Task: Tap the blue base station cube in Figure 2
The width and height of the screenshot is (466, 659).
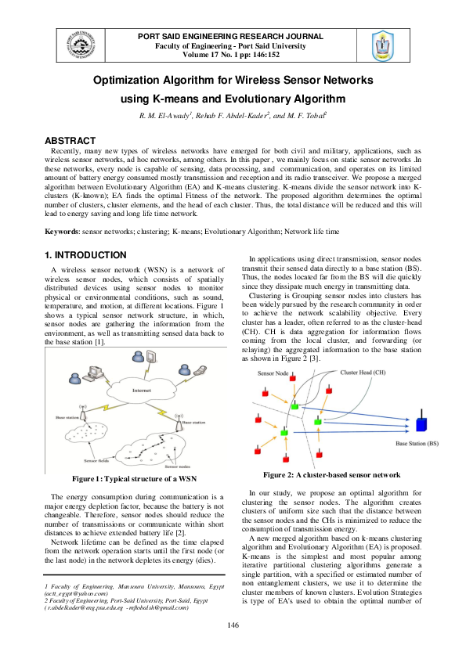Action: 421,425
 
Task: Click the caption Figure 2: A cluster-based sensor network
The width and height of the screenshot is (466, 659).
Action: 331,475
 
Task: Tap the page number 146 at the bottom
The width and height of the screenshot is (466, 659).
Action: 233,624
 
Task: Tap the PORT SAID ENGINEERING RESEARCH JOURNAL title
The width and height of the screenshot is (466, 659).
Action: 230,37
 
